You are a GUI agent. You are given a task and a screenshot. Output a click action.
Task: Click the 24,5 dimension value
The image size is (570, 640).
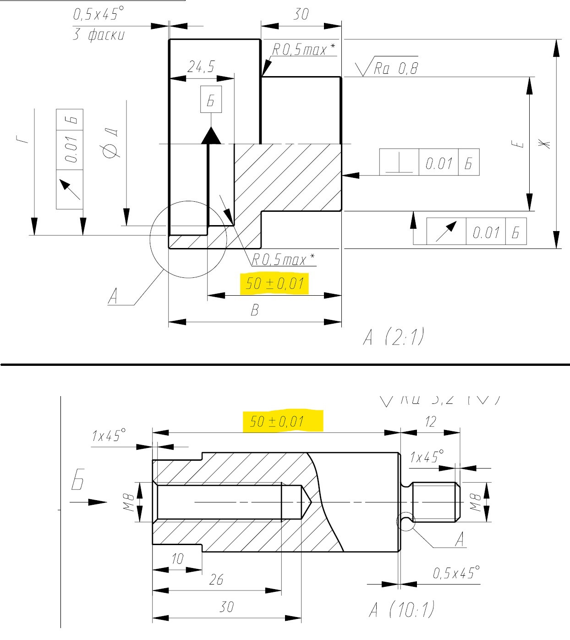coord(201,67)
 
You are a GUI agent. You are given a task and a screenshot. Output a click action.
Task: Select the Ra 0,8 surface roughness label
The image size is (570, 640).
coord(395,69)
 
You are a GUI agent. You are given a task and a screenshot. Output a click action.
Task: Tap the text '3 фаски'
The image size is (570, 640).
coord(98,35)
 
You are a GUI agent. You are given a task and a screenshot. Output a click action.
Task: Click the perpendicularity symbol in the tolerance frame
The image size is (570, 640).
coord(399,163)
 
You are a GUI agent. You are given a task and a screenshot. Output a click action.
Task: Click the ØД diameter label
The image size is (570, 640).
coord(112,145)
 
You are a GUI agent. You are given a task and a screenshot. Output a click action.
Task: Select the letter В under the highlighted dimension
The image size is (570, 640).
coord(255,310)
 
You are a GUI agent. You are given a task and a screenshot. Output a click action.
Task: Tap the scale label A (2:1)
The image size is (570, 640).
coord(393,338)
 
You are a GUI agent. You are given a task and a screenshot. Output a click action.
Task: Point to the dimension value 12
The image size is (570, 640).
coord(430,422)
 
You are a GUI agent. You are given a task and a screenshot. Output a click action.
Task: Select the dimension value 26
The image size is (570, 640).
coord(216,580)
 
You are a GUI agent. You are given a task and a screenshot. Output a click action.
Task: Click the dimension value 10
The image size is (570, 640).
coord(177,559)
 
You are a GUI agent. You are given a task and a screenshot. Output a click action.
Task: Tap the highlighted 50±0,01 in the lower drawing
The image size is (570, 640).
coord(277,421)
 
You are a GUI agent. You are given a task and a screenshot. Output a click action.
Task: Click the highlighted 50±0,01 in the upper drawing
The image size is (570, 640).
coord(274,284)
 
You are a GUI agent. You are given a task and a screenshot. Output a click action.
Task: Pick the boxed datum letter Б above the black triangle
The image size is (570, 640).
coord(211,99)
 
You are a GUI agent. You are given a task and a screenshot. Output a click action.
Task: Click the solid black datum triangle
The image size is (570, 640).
coord(211,136)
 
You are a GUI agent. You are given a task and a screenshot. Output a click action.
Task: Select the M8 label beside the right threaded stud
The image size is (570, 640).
coord(476,502)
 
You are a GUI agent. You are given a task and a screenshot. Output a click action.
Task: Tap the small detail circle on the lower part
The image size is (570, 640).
coord(405,521)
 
